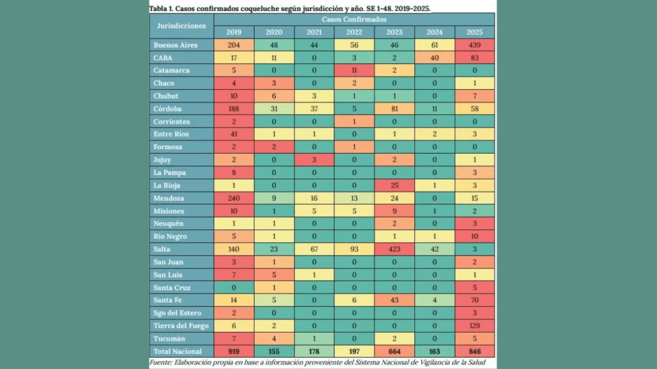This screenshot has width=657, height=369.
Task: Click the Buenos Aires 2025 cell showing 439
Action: coord(475,45)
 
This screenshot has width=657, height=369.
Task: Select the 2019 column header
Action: coord(234,32)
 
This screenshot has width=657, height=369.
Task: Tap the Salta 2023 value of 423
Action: coord(395,249)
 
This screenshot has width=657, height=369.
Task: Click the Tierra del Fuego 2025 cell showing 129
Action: coord(475,325)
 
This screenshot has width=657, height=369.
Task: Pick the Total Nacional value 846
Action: coord(475,352)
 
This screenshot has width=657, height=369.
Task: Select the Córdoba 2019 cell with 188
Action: coord(234,109)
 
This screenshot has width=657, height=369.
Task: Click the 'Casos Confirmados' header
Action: coord(354,20)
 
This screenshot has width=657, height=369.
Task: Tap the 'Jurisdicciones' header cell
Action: coord(182,26)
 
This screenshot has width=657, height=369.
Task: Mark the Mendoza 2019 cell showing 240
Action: coord(234,198)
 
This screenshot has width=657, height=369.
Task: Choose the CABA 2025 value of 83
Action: coord(475,58)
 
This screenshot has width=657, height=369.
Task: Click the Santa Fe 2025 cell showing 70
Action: coord(475,300)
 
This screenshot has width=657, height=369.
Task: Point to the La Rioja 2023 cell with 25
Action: coord(395,185)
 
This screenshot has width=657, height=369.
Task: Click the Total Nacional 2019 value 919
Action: coord(234,352)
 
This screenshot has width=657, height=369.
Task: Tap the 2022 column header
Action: coord(354,32)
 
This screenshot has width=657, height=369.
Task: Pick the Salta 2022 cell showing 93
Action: coord(354,249)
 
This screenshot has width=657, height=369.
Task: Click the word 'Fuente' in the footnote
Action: coord(160,363)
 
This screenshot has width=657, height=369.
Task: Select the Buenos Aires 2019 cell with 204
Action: coord(234,45)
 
